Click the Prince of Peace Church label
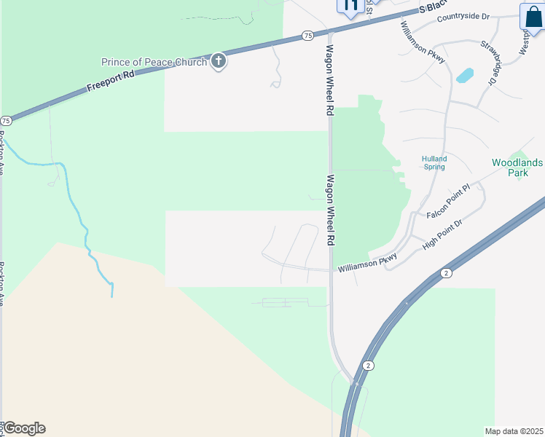(x=154, y=62)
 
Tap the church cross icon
(x=219, y=62)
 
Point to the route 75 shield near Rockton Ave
(x=6, y=120)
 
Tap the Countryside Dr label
(x=463, y=16)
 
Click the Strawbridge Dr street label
(x=487, y=63)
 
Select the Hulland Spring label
(x=435, y=162)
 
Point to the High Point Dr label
(x=443, y=235)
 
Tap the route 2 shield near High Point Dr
(x=445, y=272)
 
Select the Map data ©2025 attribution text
(x=514, y=431)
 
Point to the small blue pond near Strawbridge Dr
(x=464, y=75)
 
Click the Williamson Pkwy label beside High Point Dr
(x=367, y=264)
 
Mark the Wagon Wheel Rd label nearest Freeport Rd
(x=329, y=81)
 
